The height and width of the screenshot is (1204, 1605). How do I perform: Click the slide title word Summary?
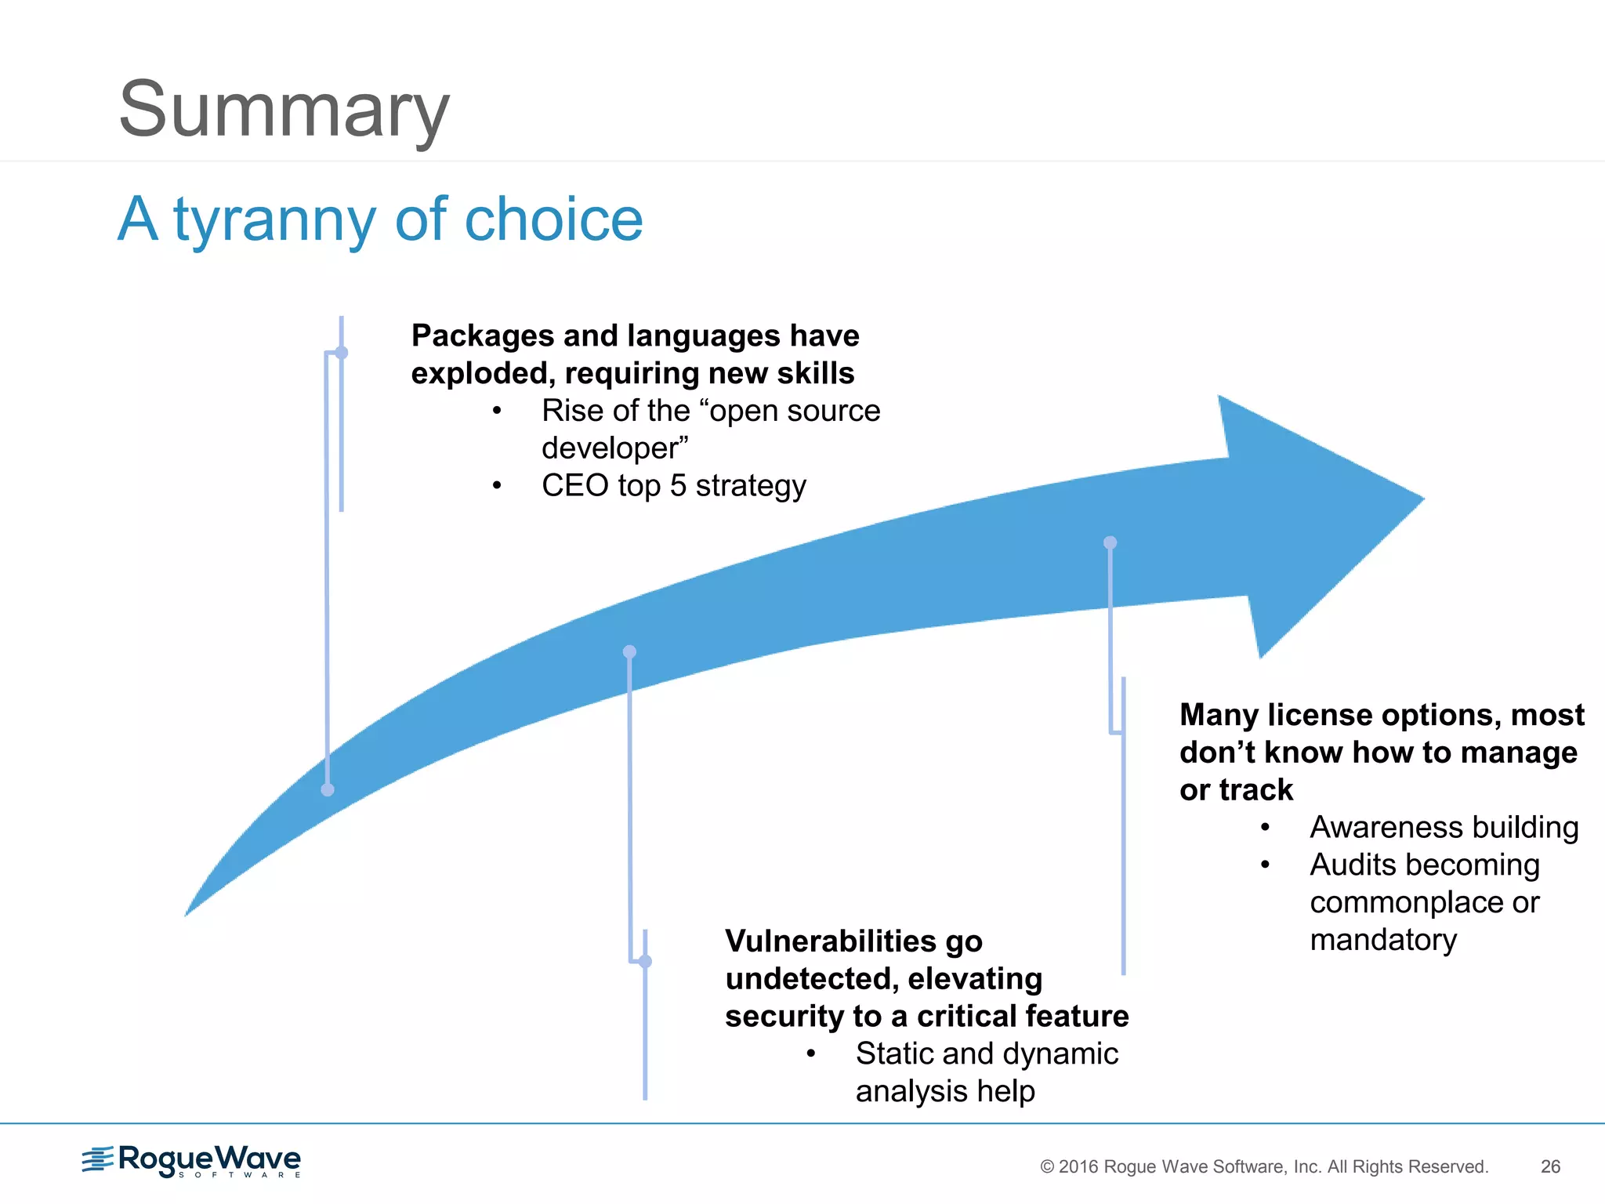(x=284, y=110)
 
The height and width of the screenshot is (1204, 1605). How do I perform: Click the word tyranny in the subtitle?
(x=275, y=220)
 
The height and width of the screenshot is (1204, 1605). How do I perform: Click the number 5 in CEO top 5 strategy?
(x=678, y=486)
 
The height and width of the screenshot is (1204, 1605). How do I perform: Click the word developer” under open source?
(x=614, y=448)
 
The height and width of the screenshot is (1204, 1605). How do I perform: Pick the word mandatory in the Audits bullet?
(x=1383, y=940)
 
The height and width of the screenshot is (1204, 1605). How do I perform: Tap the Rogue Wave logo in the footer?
(x=192, y=1161)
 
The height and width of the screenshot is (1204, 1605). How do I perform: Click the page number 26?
(x=1550, y=1166)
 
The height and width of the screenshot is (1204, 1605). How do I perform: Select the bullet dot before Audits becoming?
(x=1265, y=865)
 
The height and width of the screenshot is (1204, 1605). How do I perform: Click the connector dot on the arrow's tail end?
(x=328, y=789)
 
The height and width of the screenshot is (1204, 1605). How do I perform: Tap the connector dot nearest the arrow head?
(x=1110, y=542)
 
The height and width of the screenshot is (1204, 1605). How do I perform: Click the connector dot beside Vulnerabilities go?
(x=645, y=961)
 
